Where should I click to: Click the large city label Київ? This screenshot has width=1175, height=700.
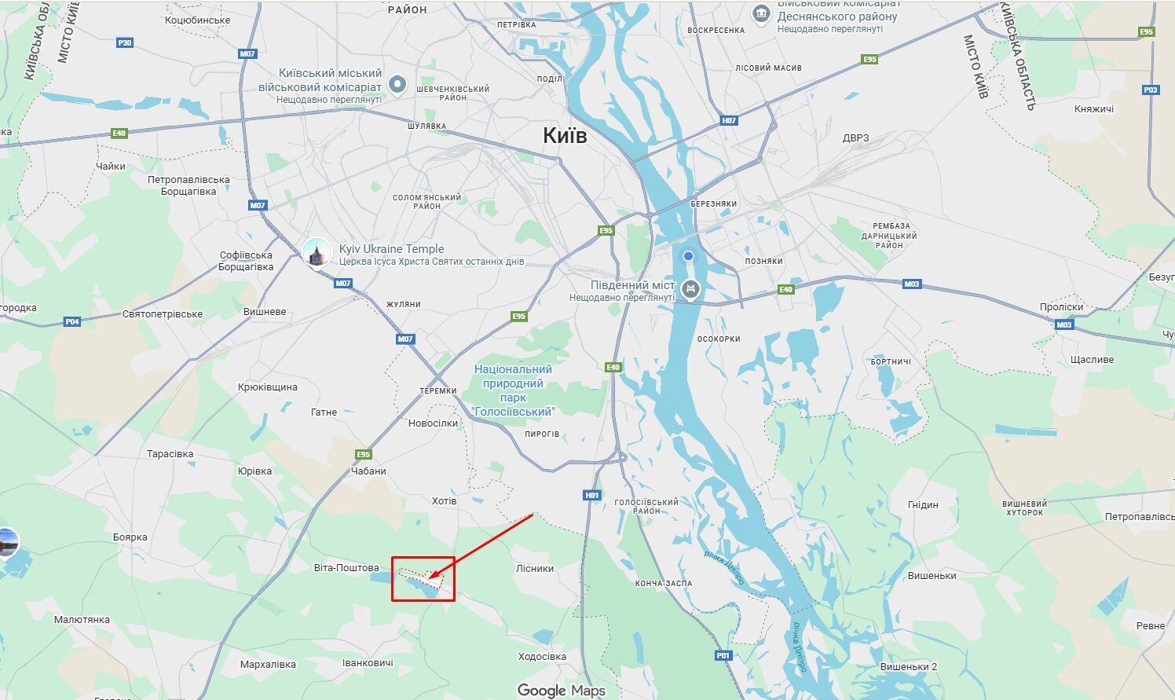pos(565,135)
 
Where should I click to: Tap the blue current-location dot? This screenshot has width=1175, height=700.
pos(688,256)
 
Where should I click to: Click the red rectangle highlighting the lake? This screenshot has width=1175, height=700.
pos(423,579)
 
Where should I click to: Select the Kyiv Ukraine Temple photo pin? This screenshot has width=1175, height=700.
pos(317,254)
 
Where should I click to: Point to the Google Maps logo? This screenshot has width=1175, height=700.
pos(561,691)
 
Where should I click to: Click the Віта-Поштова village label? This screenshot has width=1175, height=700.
pos(346,567)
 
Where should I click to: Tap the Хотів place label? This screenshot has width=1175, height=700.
pos(444,500)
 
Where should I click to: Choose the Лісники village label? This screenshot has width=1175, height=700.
pos(535,568)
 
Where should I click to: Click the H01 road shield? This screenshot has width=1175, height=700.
pos(592,495)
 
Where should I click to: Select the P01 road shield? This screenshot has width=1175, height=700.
pos(723,655)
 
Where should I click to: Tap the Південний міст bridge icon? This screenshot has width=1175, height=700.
pos(690,288)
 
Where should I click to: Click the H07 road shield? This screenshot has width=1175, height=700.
pos(729,120)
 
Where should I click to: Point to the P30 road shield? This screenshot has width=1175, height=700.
pos(124,42)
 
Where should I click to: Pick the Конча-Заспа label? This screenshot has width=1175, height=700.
pos(664,583)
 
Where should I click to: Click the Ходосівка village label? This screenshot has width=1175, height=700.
pos(542,656)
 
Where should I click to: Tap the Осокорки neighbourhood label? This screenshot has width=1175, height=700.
pos(719,339)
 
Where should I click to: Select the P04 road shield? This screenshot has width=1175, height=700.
pos(72,321)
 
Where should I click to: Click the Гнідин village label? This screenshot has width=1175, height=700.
pos(923,504)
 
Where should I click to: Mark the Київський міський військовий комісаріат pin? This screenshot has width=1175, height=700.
pos(398,83)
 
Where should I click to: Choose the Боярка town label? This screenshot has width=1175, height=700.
pos(130,537)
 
